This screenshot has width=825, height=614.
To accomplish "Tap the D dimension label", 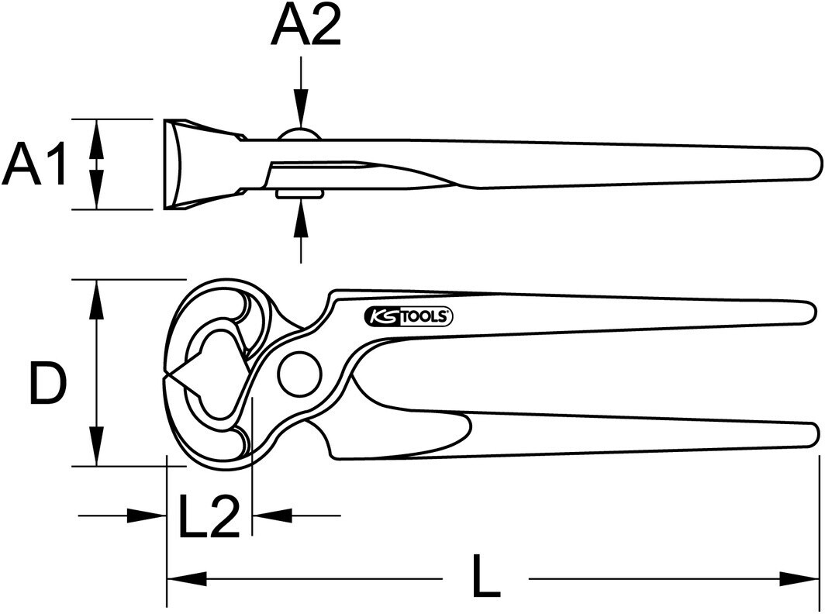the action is point(48,383).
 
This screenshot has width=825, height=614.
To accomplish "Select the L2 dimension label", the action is point(209,516).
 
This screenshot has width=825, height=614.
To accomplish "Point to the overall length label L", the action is point(485,575).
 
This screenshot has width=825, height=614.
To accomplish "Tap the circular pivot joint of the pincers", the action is point(300,374).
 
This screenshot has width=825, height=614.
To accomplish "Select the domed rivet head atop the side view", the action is point(299,133).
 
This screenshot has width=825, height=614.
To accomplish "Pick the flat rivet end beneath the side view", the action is point(299,194).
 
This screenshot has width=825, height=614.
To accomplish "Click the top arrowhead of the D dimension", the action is point(96,300).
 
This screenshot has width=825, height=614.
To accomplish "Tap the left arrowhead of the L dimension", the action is point(188,579).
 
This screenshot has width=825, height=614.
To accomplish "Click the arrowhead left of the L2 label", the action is point(147,516).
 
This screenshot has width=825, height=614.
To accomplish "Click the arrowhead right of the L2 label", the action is point(272,516).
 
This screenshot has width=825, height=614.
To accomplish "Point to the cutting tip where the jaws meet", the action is point(164,374).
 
